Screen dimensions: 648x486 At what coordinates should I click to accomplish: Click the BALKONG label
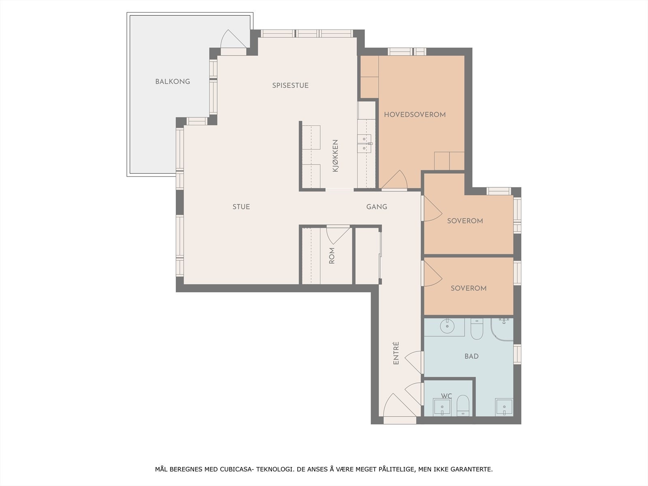coord(173,81)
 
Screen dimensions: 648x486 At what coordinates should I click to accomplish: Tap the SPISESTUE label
coord(290,85)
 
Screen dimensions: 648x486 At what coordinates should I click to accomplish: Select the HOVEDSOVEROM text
coord(415,115)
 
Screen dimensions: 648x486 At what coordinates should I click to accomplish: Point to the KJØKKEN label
coord(335,156)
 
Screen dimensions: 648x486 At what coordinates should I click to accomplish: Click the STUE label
coord(241,207)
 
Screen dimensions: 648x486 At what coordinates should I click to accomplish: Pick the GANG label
coord(377,207)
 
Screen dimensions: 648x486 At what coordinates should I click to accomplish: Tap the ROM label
coord(332,256)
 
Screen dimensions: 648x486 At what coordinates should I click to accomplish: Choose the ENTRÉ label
coord(396,353)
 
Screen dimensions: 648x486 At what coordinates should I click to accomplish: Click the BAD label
coord(471,356)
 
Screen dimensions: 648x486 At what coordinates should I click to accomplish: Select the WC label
coord(446,396)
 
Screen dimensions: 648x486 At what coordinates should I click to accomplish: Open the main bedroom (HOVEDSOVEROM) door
coord(394,179)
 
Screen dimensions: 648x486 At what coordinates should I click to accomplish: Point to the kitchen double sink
coord(364,144)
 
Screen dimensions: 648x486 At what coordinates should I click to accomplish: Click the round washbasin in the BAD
coord(447,326)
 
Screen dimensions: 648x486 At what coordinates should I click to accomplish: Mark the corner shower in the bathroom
coord(502,329)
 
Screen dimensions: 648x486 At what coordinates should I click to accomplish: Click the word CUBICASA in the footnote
coord(237,469)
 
